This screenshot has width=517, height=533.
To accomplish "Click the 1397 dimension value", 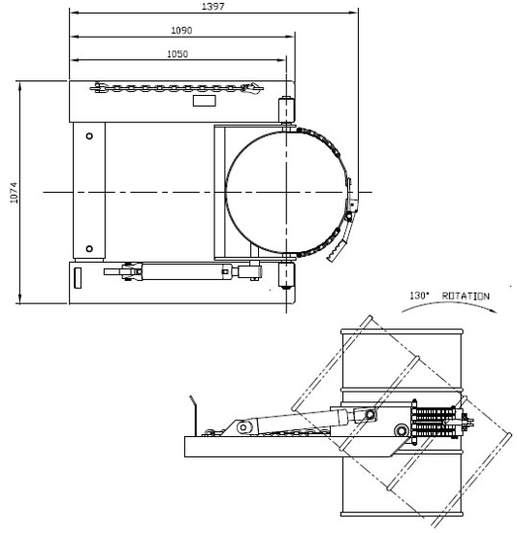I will (212, 7).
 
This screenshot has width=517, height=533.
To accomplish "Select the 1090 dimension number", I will (181, 31).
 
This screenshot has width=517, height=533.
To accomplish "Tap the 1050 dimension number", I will (177, 54).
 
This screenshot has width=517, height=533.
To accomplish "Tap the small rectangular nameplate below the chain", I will (205, 100).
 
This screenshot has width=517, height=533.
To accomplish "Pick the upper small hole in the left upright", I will (89, 136).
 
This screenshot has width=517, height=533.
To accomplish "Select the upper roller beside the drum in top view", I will (287, 110).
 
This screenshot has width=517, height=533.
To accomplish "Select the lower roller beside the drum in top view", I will (287, 274).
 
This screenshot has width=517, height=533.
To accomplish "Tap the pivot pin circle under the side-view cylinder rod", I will (399, 428).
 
